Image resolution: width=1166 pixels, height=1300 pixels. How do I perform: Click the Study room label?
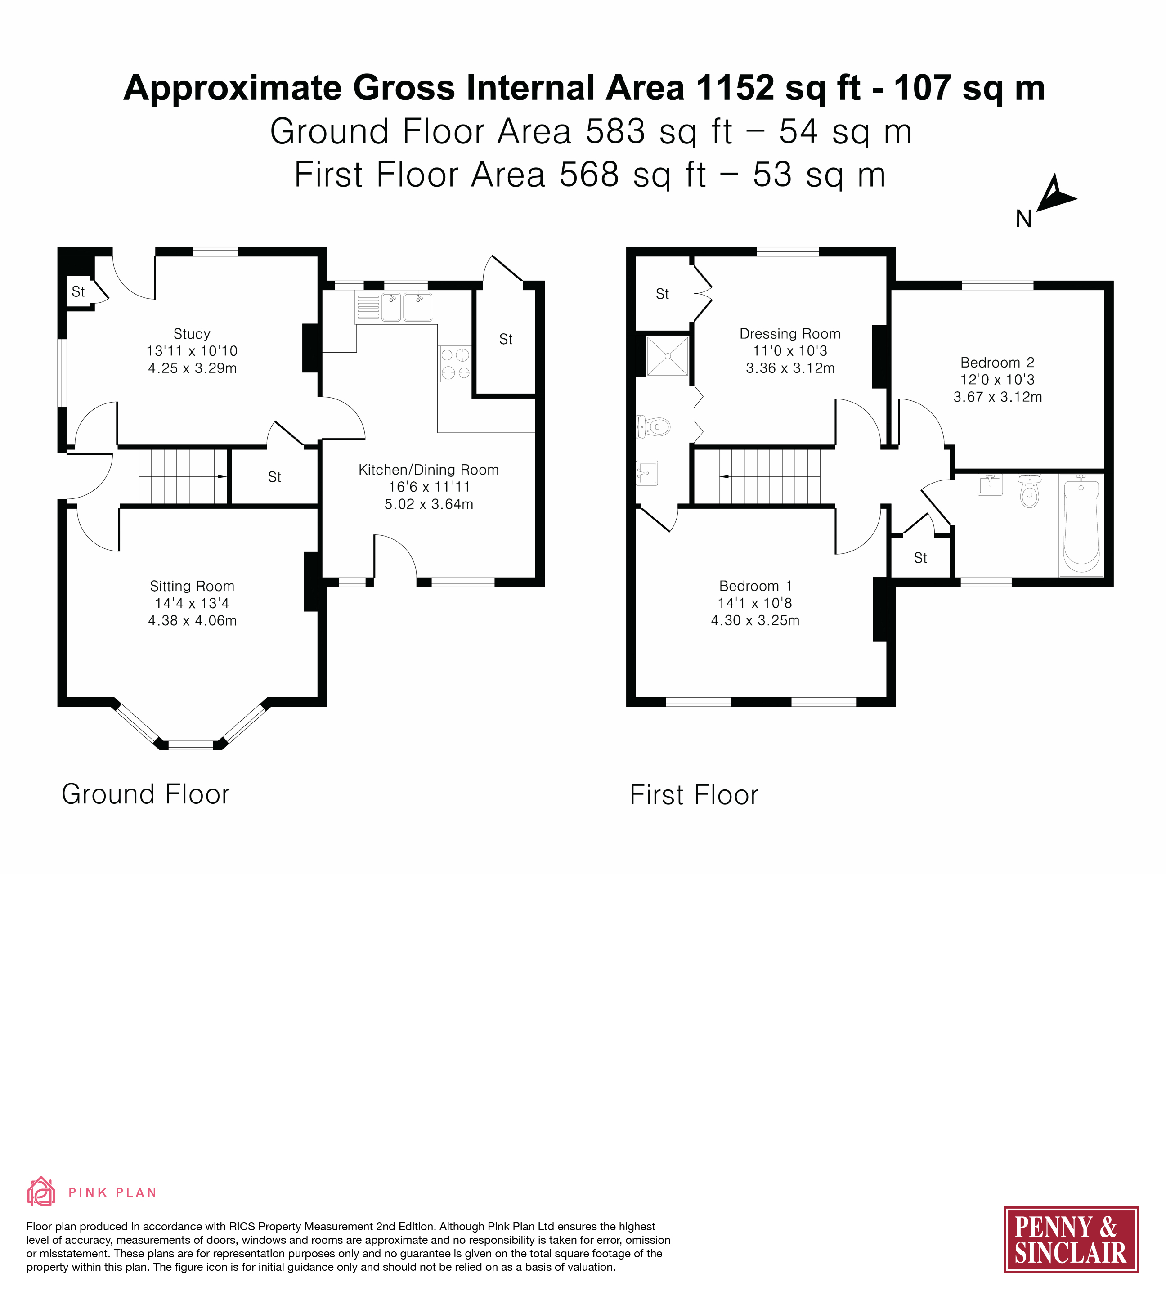192,334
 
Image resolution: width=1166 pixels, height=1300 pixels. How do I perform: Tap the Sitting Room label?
192,586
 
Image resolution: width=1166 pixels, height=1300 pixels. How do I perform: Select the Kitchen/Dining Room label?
429,470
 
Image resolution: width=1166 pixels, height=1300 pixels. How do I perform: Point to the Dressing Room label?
790,334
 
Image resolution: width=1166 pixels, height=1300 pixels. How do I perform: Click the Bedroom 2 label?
997,363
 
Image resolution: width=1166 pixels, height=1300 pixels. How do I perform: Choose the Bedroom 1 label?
755,586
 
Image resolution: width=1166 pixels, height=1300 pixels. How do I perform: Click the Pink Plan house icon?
41,1191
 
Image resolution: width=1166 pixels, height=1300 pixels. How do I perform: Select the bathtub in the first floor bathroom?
1081,525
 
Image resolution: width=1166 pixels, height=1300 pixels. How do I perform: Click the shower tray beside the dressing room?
668,356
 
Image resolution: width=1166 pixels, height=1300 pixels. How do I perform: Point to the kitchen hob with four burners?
455,364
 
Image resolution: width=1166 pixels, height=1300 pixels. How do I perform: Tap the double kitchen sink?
408,307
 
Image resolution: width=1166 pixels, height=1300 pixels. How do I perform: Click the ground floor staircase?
183,477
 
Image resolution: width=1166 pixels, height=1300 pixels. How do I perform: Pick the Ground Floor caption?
145,794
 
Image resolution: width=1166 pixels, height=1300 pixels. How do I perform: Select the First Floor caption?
694,794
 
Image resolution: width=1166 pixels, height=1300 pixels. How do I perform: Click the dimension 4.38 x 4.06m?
192,620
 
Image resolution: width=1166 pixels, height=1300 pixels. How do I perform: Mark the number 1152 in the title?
735,87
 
